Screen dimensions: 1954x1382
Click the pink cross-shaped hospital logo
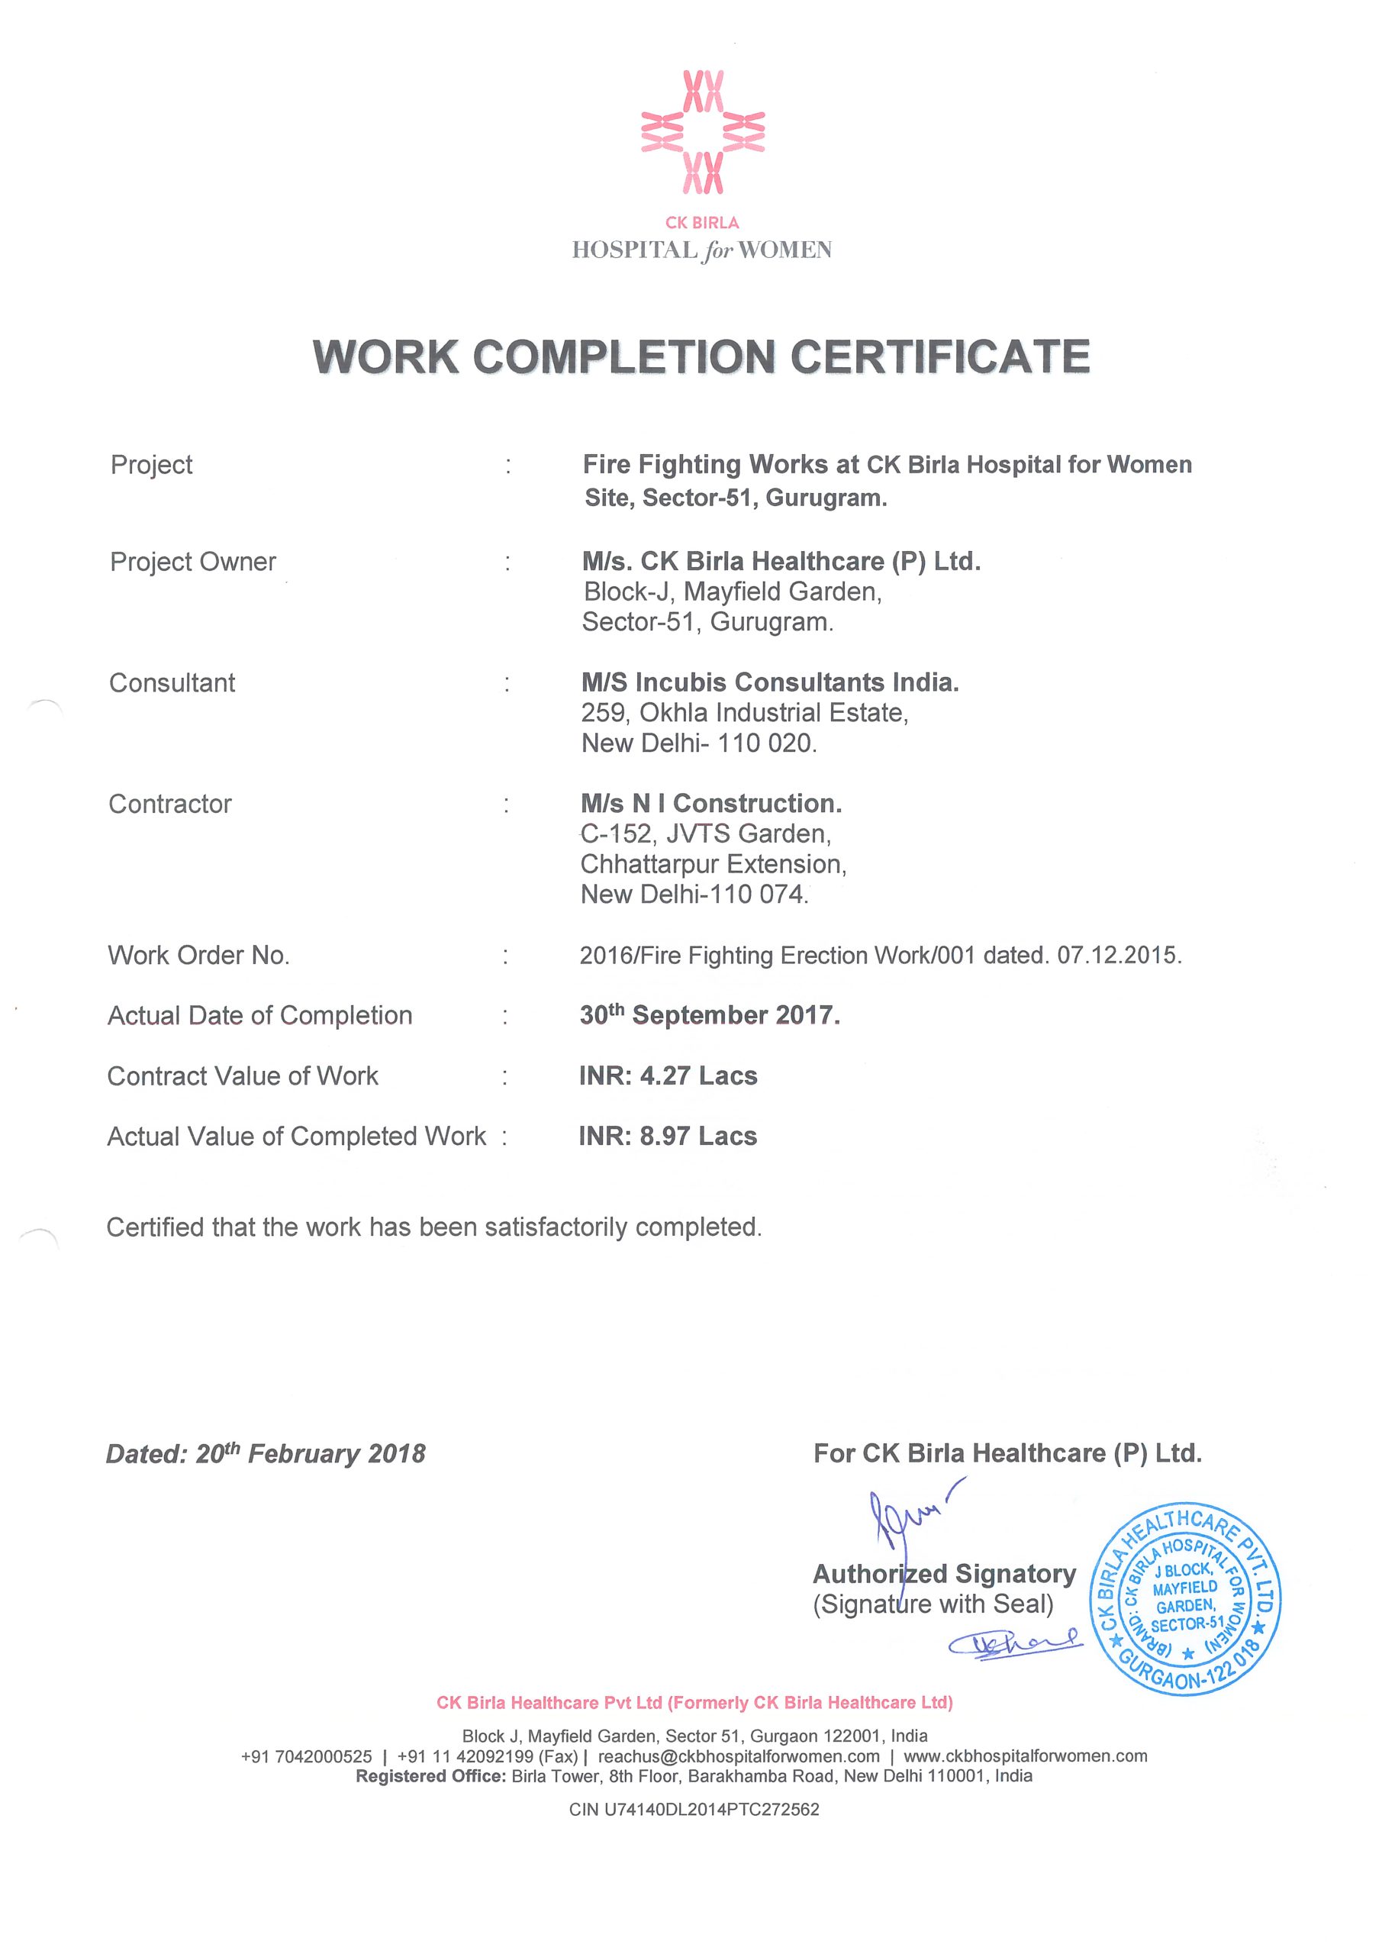(703, 132)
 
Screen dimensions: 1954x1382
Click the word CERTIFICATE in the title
(939, 356)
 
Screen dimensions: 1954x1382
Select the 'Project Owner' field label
(193, 562)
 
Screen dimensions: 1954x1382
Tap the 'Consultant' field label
(172, 682)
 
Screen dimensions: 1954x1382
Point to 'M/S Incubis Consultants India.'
(770, 682)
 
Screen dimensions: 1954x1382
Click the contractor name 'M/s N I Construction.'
(711, 804)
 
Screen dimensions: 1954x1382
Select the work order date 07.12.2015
(1118, 955)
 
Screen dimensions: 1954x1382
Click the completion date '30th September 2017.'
(710, 1015)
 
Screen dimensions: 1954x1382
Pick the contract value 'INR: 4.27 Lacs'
(668, 1075)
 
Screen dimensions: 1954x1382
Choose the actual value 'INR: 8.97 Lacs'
(668, 1137)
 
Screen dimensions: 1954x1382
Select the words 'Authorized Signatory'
(945, 1574)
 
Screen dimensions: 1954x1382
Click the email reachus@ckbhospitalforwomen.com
(739, 1756)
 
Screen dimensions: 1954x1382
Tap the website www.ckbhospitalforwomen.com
(1025, 1756)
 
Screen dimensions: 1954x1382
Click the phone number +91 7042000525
(306, 1756)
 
